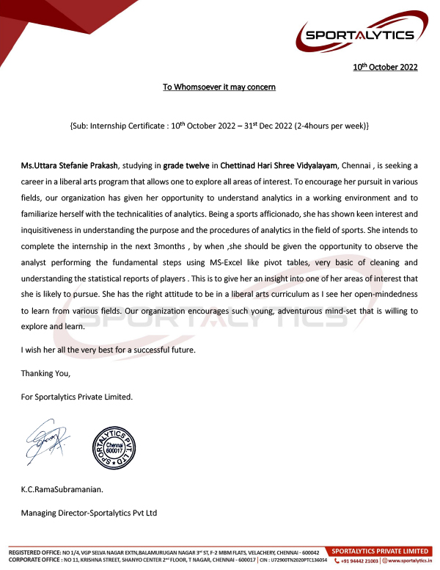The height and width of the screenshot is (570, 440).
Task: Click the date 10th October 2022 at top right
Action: tap(385, 68)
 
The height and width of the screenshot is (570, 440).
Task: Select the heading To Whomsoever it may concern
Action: tap(219, 87)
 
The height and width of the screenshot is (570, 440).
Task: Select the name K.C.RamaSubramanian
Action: tap(62, 488)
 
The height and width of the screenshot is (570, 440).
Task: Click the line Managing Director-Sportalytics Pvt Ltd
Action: tap(89, 513)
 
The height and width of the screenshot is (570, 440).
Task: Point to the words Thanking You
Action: tap(45, 374)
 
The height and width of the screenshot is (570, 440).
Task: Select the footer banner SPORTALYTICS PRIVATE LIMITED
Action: tap(380, 551)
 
